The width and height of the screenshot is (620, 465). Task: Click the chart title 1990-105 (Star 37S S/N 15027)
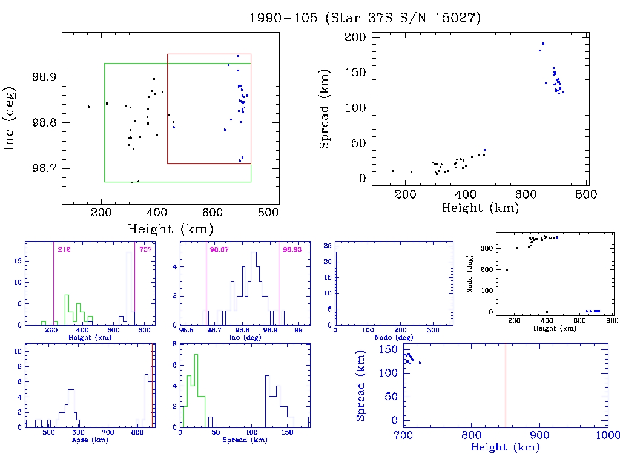[365, 18]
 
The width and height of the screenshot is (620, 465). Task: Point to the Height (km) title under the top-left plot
[170, 229]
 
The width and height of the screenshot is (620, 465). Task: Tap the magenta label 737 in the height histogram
[145, 249]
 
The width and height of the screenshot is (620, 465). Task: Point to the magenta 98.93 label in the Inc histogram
[290, 249]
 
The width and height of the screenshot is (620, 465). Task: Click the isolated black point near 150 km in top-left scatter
[89, 107]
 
